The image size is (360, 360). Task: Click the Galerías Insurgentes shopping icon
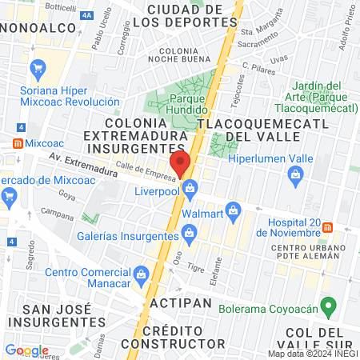(x=189, y=234)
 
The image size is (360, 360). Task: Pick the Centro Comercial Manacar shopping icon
(x=142, y=274)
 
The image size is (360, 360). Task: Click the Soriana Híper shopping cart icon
(x=36, y=70)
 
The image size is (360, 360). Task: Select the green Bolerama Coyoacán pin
(x=326, y=306)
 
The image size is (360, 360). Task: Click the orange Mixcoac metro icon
(x=17, y=143)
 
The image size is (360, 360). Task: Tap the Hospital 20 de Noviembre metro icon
(x=328, y=227)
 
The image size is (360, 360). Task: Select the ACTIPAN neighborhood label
(x=179, y=303)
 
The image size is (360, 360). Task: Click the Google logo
(x=26, y=350)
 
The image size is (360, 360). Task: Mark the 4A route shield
(x=86, y=14)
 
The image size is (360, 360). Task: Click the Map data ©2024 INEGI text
(x=312, y=354)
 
